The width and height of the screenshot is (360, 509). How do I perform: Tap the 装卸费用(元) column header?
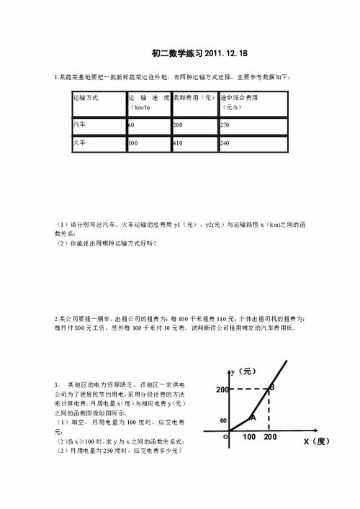tap(193, 96)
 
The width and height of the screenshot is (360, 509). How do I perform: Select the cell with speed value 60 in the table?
tap(132, 125)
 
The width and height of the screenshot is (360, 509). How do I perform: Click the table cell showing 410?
tap(177, 144)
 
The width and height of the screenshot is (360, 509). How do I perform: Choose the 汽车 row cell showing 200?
tap(177, 125)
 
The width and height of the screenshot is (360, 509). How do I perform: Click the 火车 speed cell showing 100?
tap(133, 144)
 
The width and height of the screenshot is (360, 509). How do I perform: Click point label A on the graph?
tap(252, 418)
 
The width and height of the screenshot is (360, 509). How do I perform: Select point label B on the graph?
tap(271, 388)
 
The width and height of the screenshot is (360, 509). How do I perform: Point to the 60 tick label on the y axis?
tap(223, 420)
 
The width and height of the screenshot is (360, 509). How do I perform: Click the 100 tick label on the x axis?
tap(249, 437)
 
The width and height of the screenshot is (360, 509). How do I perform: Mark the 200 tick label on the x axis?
tap(270, 437)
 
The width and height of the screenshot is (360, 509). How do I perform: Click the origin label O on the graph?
tap(225, 436)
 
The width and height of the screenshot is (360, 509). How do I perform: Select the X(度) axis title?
tap(315, 441)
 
